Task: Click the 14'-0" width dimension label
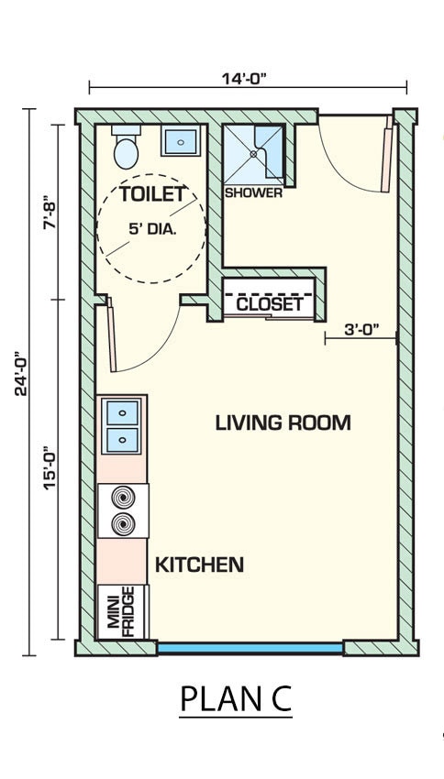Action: pos(244,79)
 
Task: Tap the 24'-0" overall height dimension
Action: pos(21,374)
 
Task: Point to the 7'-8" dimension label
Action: pos(50,214)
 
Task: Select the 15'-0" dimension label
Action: pos(50,467)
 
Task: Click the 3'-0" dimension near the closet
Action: pos(362,328)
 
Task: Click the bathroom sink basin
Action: pos(181,141)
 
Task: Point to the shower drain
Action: pos(255,154)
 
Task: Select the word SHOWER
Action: pos(253,192)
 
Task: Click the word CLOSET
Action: pos(270,304)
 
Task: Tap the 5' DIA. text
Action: pos(152,229)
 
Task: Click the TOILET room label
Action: pos(152,194)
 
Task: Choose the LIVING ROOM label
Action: pos(283,422)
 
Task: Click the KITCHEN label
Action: pos(199,565)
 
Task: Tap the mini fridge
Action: pos(123,611)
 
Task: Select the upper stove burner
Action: pos(123,498)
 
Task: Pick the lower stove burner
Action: pos(123,523)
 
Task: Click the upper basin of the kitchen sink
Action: pos(122,412)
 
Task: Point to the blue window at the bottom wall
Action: pos(250,648)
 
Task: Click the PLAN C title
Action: pos(235,698)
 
